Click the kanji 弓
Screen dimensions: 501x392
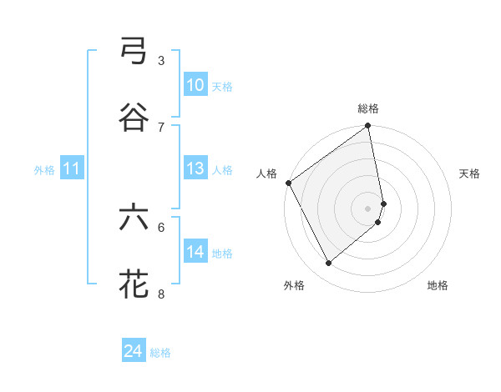(134, 53)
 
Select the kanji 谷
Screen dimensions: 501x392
(134, 118)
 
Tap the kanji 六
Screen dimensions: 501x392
(134, 219)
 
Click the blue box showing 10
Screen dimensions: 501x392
(195, 85)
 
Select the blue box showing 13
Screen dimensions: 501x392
(195, 168)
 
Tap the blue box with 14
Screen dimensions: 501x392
(195, 252)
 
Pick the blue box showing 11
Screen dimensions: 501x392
(71, 169)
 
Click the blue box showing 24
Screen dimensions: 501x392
(133, 352)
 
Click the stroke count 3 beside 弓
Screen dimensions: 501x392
(160, 61)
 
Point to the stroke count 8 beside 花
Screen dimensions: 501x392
(160, 294)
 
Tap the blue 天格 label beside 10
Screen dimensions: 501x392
(221, 87)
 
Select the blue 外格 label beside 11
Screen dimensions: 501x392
(44, 170)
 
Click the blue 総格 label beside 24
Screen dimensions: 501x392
(160, 354)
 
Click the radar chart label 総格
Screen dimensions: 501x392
(368, 109)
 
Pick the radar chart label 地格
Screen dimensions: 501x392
(438, 286)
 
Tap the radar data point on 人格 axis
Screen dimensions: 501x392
(288, 183)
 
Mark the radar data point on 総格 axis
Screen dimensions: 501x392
(368, 128)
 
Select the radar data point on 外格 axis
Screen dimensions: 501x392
(328, 263)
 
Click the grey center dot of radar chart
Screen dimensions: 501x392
(368, 208)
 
